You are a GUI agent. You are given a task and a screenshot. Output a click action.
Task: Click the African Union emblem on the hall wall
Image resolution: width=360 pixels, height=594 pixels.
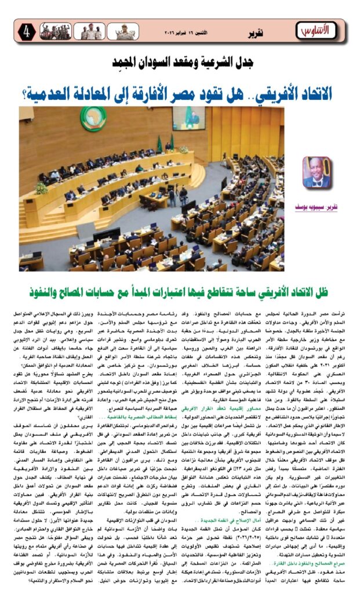point(93,119)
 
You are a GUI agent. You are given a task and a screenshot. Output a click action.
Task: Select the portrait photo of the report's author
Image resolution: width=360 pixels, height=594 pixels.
point(317,173)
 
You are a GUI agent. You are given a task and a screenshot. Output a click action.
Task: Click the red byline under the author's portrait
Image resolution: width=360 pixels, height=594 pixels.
point(318,207)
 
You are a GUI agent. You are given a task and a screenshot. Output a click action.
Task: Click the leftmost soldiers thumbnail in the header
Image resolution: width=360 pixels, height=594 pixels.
point(54,32)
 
